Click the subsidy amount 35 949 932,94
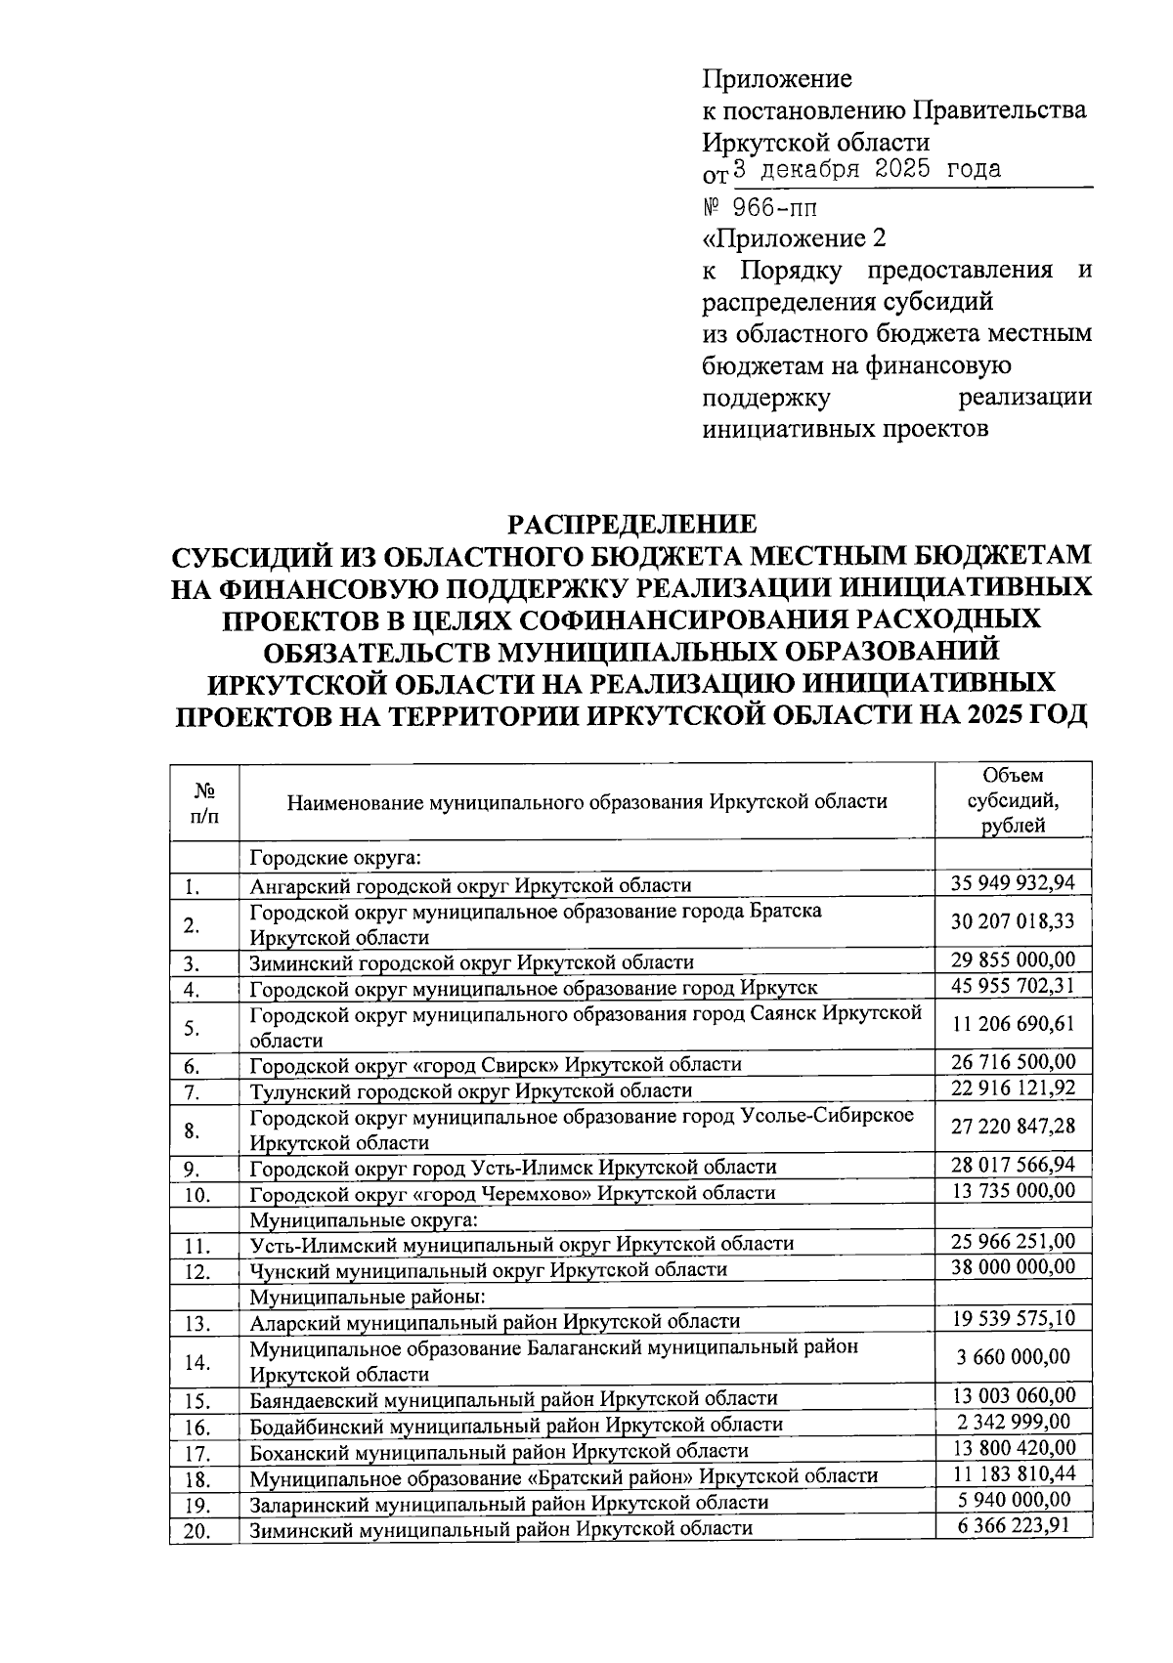coord(1013,883)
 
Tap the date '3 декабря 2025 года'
coord(866,169)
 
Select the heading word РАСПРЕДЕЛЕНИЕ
coord(630,525)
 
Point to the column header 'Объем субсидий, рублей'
coord(1013,800)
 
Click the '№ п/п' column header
coord(204,801)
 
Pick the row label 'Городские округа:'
coord(334,858)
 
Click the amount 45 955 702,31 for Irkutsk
coord(1013,986)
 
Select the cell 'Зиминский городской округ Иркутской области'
coord(471,962)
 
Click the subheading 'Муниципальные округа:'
coord(364,1219)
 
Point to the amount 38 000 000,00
coord(1013,1267)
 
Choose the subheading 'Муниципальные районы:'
coord(368,1297)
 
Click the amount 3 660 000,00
coord(1013,1357)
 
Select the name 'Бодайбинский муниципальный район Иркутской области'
coord(516,1425)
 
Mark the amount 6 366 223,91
coord(1013,1525)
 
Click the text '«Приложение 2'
coord(794,238)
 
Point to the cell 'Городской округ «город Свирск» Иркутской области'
coord(496,1064)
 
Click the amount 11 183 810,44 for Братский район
coord(1013,1473)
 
